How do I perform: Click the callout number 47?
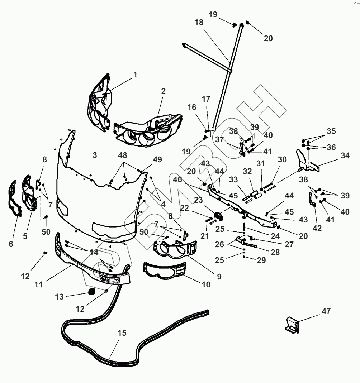tap(326, 311)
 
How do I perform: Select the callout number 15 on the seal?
tap(122, 333)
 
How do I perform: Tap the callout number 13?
tap(59, 297)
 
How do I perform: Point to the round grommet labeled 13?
tap(92, 292)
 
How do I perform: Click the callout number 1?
tap(136, 75)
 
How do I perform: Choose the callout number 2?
tap(163, 91)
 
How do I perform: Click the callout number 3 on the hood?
tap(95, 155)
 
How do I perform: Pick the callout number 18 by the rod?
tap(199, 22)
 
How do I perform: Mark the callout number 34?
tap(345, 155)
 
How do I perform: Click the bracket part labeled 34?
tap(307, 161)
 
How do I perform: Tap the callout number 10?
tap(206, 284)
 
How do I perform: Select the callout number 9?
tap(219, 277)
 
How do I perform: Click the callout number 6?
tap(11, 244)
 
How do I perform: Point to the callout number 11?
tap(38, 284)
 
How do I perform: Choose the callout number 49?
tap(157, 159)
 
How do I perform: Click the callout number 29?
tap(261, 260)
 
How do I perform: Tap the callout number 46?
tap(177, 179)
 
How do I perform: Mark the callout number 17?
tap(206, 99)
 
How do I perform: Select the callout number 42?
tap(317, 228)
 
